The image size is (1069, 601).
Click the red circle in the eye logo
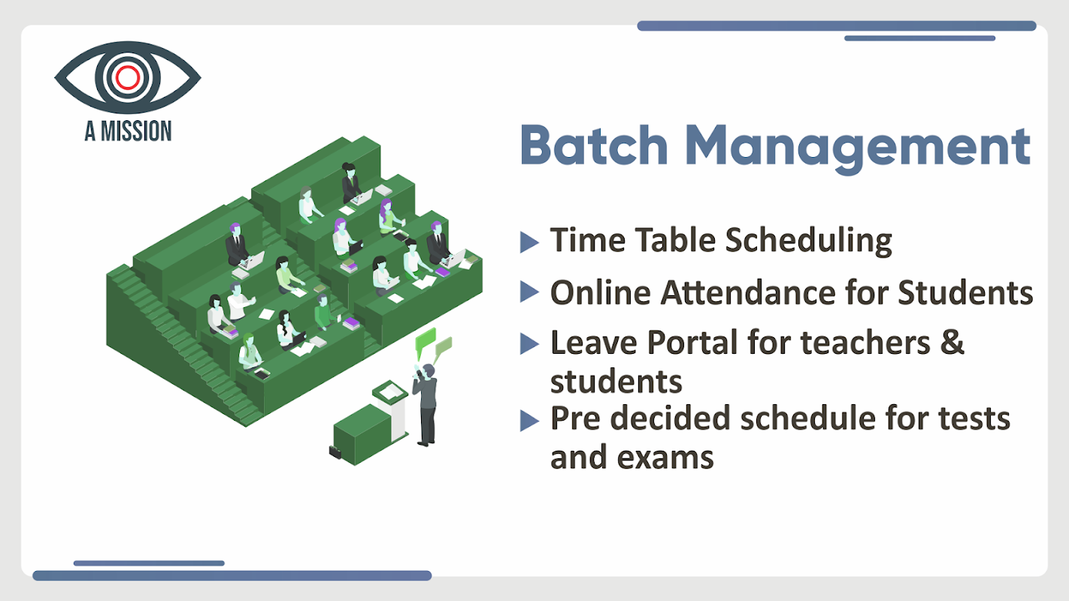(127, 77)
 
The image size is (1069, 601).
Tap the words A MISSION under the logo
(128, 131)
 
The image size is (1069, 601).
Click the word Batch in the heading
(594, 145)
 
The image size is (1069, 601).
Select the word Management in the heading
(858, 149)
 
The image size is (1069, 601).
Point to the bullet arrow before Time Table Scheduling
(529, 242)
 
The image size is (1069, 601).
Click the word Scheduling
(808, 241)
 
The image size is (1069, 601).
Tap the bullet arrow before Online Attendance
(529, 291)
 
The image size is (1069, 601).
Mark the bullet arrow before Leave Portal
(529, 343)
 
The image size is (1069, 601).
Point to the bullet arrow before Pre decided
(529, 421)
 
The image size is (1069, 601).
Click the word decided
(671, 418)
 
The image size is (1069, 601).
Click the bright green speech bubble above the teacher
(425, 340)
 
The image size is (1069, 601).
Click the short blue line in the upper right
(919, 38)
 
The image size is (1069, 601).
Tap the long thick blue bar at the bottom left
(232, 575)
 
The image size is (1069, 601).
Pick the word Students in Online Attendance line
(965, 292)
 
